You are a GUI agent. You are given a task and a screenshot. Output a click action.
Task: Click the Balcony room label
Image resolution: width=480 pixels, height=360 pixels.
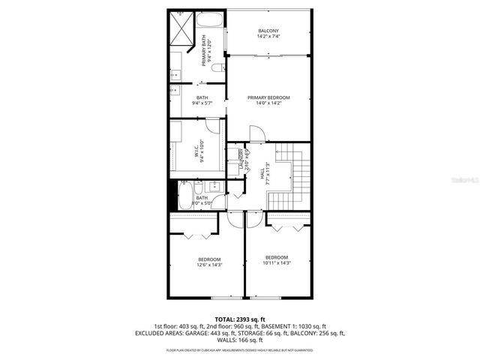pyautogui.click(x=268, y=31)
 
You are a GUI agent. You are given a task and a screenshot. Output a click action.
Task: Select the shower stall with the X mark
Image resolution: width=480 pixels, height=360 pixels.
pyautogui.click(x=181, y=28)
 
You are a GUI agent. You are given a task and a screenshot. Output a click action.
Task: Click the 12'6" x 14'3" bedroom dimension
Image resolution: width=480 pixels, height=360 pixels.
pyautogui.click(x=209, y=265)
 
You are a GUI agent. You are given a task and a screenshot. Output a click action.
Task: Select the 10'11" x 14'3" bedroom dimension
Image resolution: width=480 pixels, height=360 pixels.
pyautogui.click(x=277, y=262)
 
